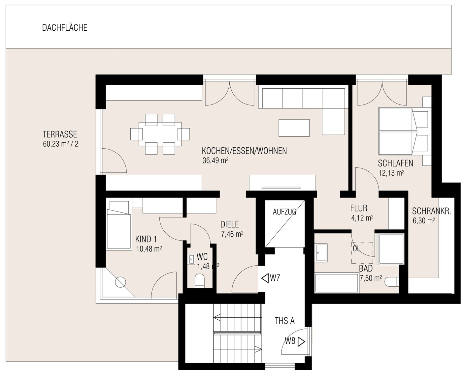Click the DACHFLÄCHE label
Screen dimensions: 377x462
click(x=65, y=28)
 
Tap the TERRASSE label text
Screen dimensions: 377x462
click(x=60, y=134)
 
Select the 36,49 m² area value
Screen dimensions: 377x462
click(x=215, y=160)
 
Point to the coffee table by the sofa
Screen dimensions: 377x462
click(x=294, y=128)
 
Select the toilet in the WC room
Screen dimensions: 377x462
click(x=200, y=281)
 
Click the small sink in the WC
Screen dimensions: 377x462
click(x=192, y=259)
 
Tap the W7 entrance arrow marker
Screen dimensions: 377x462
click(x=265, y=278)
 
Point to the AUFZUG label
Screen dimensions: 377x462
click(x=284, y=212)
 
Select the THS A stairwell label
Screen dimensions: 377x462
click(x=284, y=321)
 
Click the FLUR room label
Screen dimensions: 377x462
click(x=359, y=208)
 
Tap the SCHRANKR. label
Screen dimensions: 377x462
click(x=431, y=211)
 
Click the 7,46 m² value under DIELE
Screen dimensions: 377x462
click(x=232, y=234)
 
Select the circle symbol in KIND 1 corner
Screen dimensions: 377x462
click(x=120, y=282)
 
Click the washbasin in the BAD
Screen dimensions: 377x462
click(x=320, y=253)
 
